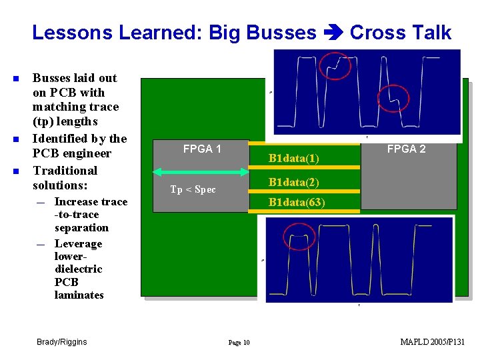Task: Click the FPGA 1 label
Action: [x=202, y=149]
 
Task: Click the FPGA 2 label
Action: [x=406, y=149]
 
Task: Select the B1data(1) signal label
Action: [x=293, y=159]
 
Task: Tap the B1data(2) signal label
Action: [x=293, y=182]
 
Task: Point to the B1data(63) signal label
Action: [x=296, y=203]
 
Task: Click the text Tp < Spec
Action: [x=193, y=189]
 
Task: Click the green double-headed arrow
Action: [x=199, y=172]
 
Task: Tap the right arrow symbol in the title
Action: [x=333, y=33]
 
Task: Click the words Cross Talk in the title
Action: [x=401, y=33]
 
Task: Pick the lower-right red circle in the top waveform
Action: [x=393, y=99]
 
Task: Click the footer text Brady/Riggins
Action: [x=61, y=342]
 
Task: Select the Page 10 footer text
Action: [x=239, y=343]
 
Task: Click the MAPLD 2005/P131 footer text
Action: [x=432, y=342]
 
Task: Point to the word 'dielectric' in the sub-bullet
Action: [x=78, y=269]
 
